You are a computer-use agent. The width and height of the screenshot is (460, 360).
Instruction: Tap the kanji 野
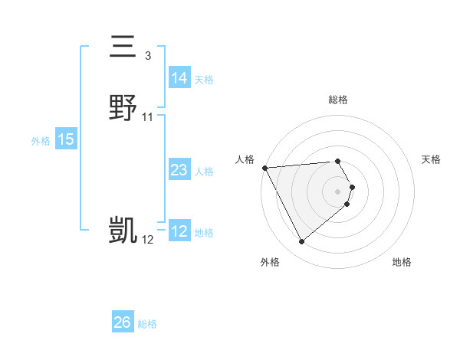[123, 106]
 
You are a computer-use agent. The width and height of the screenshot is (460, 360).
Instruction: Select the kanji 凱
[123, 230]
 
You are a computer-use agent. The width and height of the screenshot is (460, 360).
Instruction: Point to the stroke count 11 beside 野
[148, 116]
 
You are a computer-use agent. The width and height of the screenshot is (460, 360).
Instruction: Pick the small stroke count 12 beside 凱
[148, 240]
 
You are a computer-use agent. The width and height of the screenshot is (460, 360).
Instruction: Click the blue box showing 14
[179, 78]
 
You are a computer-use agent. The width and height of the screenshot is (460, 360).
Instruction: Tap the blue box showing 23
[179, 170]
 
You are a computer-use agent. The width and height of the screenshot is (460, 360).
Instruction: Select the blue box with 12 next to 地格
[179, 231]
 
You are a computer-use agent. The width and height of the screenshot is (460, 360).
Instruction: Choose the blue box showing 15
[66, 139]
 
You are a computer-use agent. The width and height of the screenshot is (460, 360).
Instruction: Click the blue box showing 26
[122, 322]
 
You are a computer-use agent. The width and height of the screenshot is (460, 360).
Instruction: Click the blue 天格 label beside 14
[204, 79]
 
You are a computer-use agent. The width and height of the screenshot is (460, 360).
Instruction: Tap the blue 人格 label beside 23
[204, 171]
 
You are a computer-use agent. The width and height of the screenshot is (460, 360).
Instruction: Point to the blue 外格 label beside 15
[41, 140]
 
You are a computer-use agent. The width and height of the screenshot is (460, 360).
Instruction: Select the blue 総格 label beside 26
[147, 323]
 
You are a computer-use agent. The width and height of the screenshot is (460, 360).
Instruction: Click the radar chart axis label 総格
[338, 100]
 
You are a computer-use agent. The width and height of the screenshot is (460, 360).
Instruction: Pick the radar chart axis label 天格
[432, 159]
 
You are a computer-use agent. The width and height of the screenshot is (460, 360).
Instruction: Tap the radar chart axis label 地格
[402, 262]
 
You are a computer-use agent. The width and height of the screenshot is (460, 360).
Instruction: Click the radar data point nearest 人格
[264, 168]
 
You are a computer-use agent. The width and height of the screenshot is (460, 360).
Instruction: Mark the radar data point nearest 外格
[301, 242]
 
